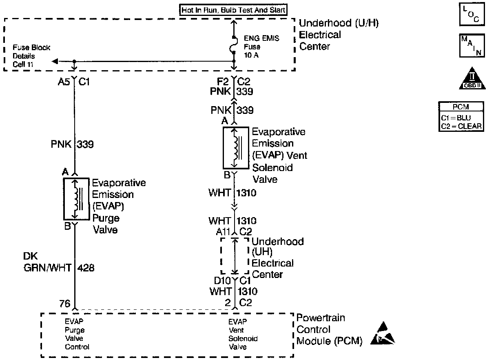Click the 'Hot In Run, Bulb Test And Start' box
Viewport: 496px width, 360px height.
coord(233,10)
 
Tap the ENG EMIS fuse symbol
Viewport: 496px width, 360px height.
coord(234,44)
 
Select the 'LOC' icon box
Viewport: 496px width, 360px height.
coord(472,14)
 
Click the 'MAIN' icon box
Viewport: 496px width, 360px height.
coord(472,45)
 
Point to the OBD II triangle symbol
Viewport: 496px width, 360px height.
coord(472,79)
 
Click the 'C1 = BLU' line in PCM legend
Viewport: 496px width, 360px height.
coord(456,118)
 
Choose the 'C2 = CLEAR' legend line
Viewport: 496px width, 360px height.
coord(461,126)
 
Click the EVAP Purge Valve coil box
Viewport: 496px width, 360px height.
coord(76,199)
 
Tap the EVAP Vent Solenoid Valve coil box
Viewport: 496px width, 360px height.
coord(236,148)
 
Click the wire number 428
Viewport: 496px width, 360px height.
coord(86,268)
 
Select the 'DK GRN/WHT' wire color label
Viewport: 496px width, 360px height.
coord(47,262)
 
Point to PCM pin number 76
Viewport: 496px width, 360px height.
coord(65,304)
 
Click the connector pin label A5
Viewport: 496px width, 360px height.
coord(64,82)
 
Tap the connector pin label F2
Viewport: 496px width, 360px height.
coord(223,82)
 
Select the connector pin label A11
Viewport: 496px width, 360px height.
coord(223,232)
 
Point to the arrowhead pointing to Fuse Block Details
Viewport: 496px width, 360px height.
coord(55,61)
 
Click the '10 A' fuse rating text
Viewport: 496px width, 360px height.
coord(251,55)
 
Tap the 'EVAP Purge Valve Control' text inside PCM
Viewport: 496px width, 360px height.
coord(77,334)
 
